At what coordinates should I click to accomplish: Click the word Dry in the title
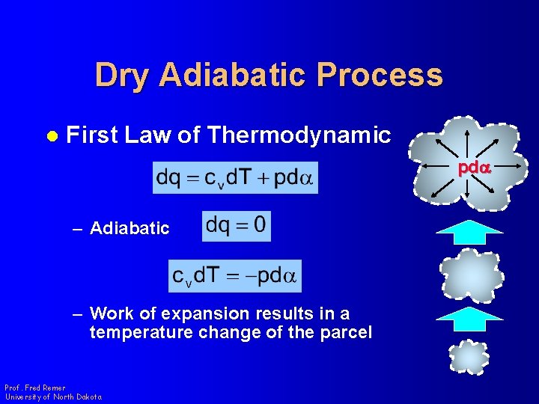click(123, 76)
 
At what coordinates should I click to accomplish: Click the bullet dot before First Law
click(52, 135)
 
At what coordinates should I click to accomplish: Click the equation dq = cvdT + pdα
click(235, 178)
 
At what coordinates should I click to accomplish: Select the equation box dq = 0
click(237, 226)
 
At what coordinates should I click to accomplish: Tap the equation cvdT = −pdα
click(235, 275)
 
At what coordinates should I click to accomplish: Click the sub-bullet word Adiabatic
click(130, 228)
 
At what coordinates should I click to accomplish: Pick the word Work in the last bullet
click(110, 313)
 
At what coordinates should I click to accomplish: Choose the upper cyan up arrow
click(469, 232)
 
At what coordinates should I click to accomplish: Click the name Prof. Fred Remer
click(34, 388)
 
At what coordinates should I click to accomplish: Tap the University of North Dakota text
click(52, 397)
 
